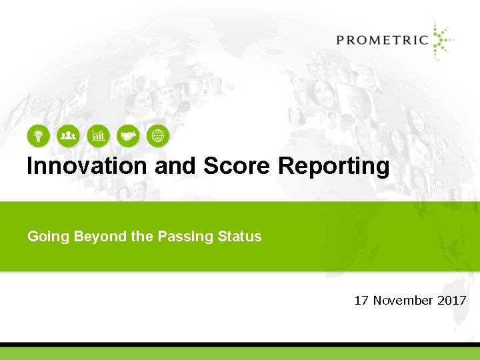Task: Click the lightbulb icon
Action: (38, 136)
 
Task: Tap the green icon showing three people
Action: (68, 136)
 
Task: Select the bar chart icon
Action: (98, 136)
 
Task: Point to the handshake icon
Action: (128, 136)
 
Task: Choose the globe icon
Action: (158, 136)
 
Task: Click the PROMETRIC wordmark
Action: (382, 39)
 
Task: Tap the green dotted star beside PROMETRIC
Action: (441, 40)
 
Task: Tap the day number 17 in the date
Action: (361, 301)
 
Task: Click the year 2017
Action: (451, 301)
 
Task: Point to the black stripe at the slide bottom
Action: (240, 344)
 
